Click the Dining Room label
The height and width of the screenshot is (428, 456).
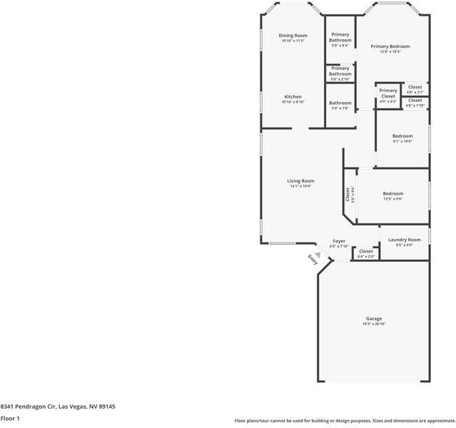[293, 36]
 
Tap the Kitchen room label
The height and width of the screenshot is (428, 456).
[293, 97]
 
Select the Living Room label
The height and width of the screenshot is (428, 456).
[301, 181]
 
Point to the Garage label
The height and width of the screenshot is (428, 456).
[374, 319]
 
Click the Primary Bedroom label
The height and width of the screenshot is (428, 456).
[390, 46]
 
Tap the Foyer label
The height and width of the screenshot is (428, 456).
[339, 241]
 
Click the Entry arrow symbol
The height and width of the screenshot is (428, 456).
[318, 253]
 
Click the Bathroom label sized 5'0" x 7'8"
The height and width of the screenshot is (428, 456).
[340, 103]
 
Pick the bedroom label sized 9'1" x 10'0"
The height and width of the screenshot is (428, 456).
[402, 136]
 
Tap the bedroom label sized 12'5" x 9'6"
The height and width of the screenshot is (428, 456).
[392, 194]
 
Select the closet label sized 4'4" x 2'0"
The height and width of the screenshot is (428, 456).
[366, 252]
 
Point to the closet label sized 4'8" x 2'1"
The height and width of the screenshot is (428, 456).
[415, 87]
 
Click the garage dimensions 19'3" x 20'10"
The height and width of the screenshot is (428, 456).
[374, 325]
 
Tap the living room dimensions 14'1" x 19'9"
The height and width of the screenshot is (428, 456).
[301, 187]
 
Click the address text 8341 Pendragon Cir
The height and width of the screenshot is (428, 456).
[28, 406]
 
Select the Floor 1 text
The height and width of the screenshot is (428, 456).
[10, 418]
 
